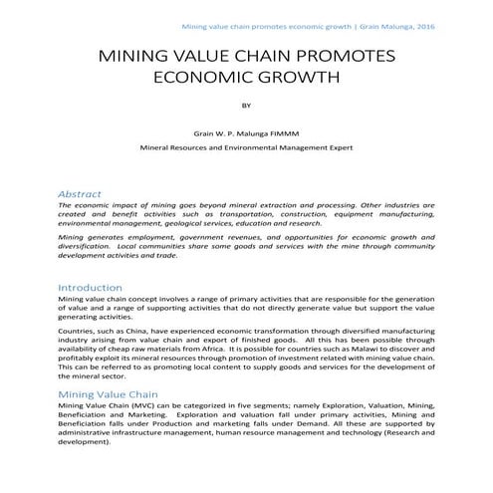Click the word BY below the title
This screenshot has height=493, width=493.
(247, 104)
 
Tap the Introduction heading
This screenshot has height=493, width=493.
(90, 287)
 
